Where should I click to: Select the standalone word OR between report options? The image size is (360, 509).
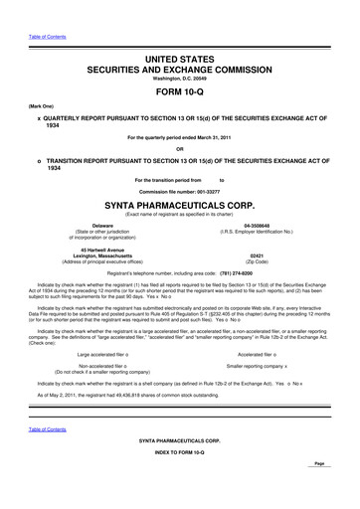click(x=180, y=150)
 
